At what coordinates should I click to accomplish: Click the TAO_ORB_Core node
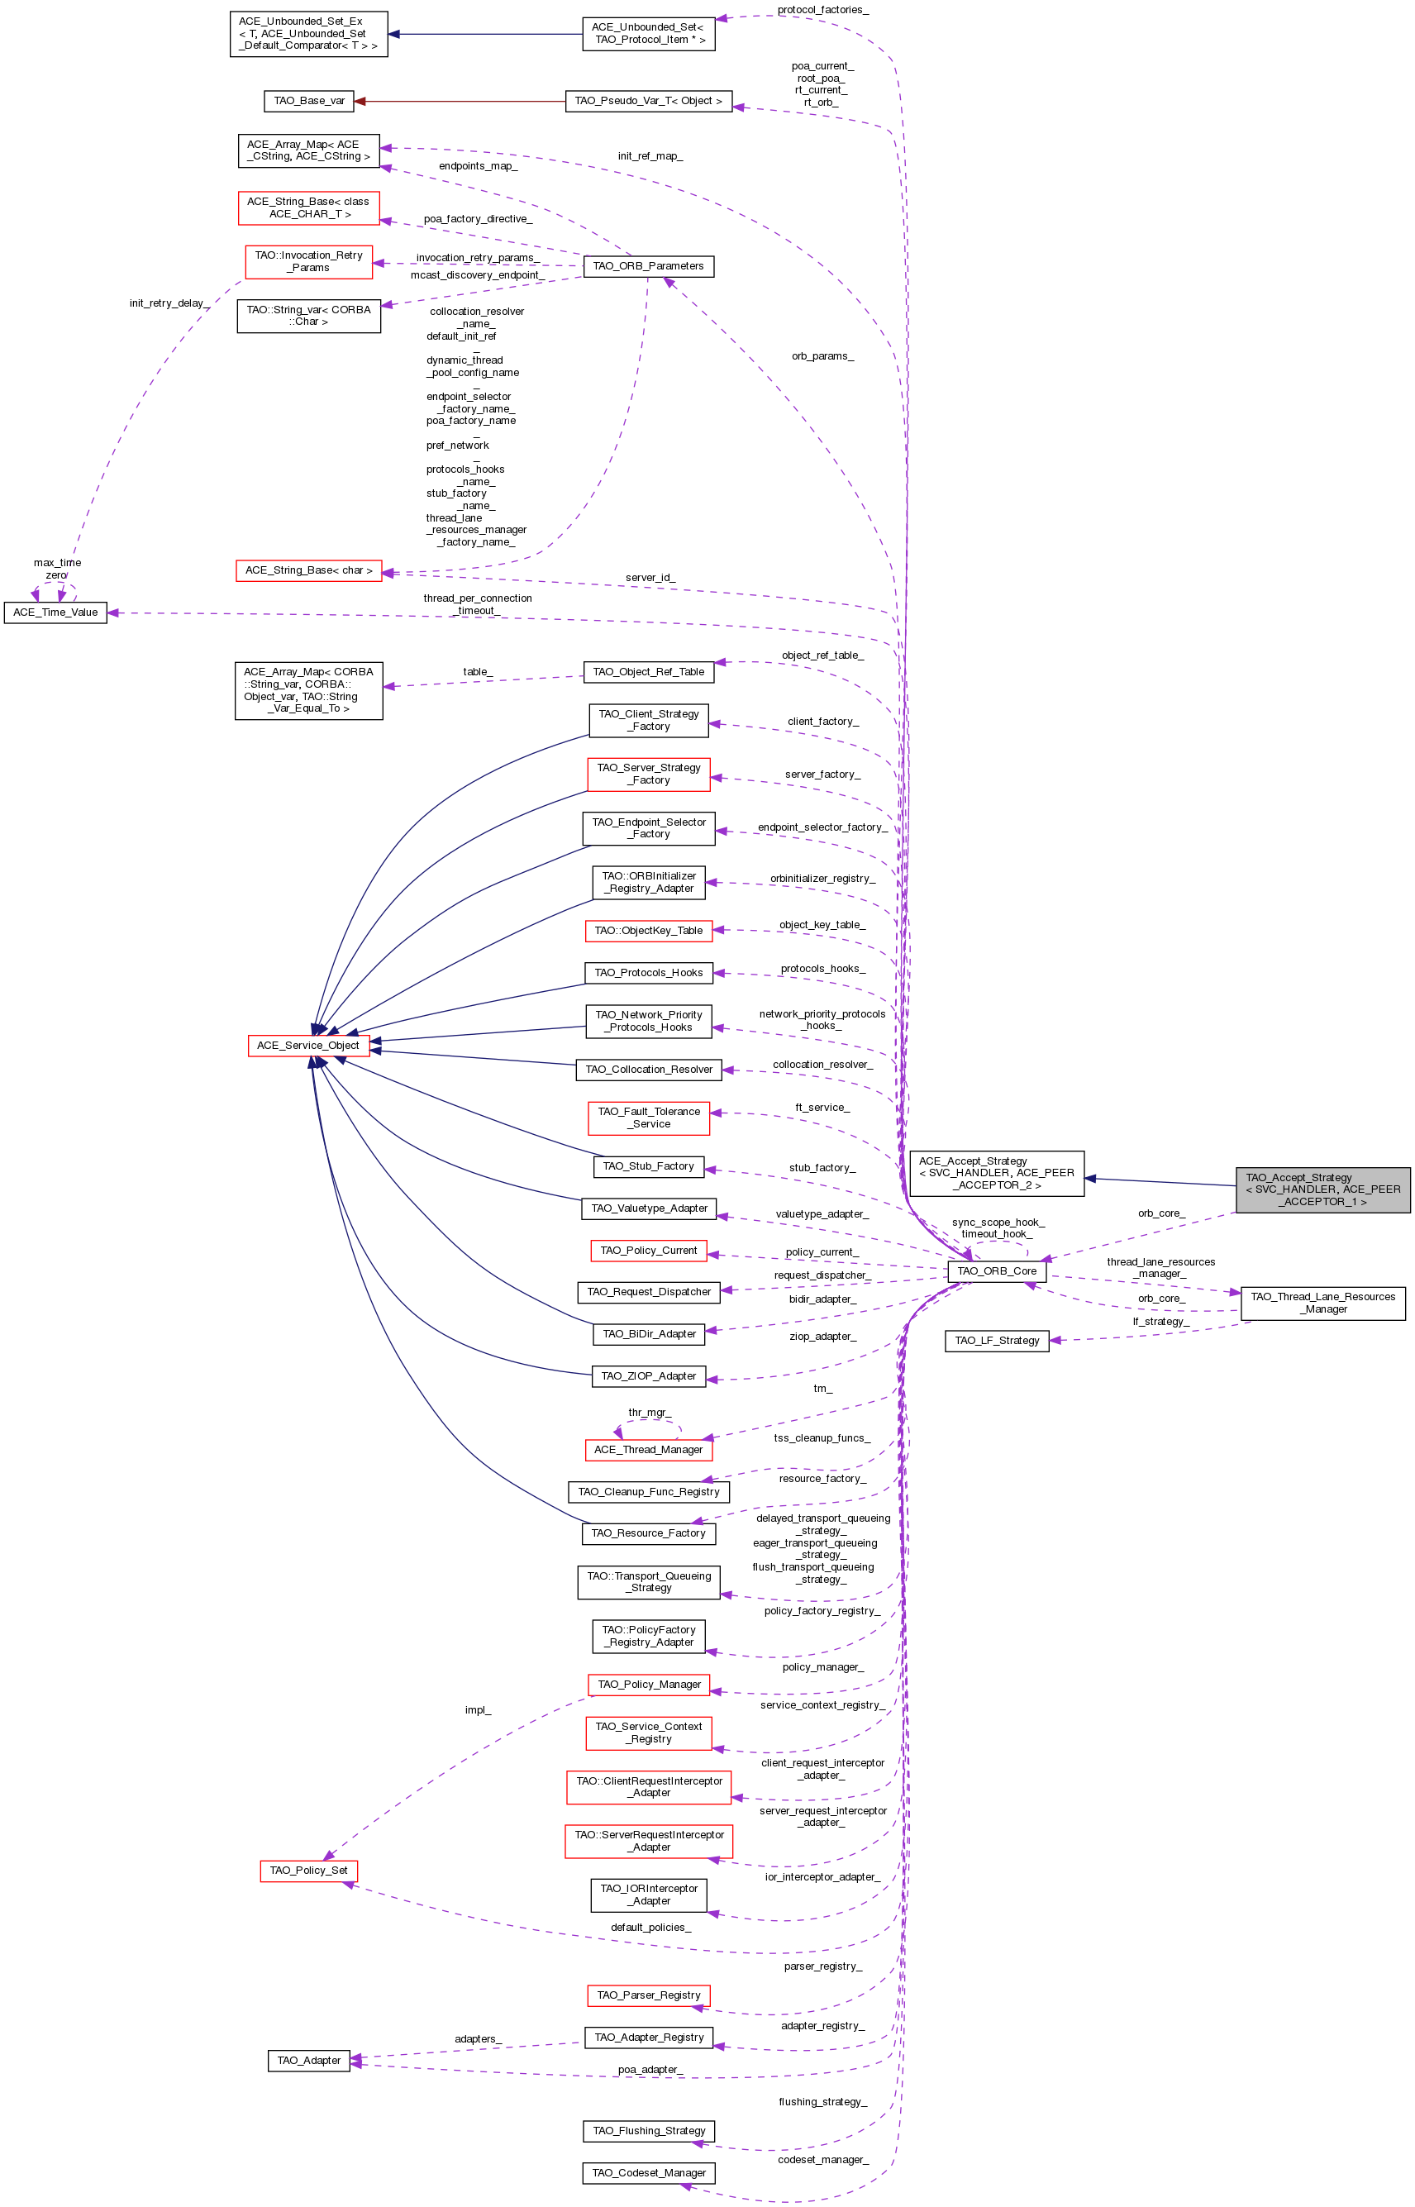pos(997,1270)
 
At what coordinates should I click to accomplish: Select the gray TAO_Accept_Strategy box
pos(1322,1189)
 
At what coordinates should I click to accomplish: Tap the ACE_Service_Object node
pos(307,1045)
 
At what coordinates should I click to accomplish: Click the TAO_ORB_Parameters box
pos(648,265)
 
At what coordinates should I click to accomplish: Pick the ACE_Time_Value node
pos(55,612)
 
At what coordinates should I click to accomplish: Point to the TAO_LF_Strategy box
pos(997,1341)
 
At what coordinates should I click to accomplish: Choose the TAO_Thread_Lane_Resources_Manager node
pos(1322,1303)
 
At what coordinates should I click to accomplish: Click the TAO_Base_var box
pos(309,100)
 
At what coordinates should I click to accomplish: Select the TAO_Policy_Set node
pos(309,1870)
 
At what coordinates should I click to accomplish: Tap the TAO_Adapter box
pos(309,2060)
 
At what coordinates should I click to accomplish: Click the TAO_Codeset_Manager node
pos(649,2173)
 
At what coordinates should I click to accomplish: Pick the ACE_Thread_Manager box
pos(648,1449)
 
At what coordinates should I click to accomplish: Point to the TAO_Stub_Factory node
pos(648,1166)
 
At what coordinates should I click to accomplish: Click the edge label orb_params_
pos(822,355)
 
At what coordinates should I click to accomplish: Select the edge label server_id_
pos(650,577)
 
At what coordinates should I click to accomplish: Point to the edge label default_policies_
pos(650,1927)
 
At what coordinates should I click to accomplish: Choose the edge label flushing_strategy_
pos(822,2101)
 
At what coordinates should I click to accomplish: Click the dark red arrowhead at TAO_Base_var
pos(360,101)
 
